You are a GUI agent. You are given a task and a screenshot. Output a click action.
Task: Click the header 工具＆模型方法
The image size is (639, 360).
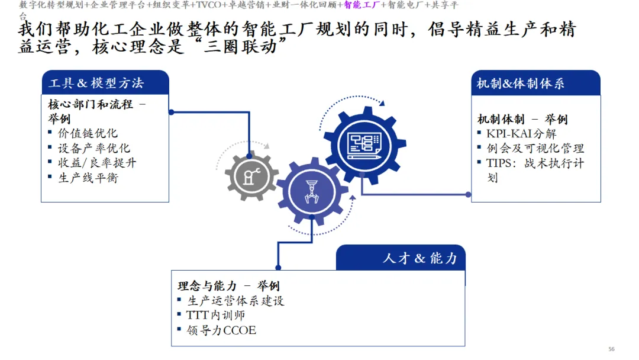tap(96, 83)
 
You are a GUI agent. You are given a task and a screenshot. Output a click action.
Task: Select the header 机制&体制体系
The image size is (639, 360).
tap(521, 83)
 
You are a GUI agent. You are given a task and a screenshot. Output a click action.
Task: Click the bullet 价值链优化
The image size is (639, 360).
tap(87, 133)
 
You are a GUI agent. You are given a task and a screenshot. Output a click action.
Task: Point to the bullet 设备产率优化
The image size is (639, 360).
tap(93, 148)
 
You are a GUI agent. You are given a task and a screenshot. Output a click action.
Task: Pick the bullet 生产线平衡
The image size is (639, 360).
tap(88, 178)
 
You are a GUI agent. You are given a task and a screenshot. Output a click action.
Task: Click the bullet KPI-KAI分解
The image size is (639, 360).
tap(521, 134)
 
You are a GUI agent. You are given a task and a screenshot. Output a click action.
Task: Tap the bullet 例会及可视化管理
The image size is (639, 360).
tap(535, 149)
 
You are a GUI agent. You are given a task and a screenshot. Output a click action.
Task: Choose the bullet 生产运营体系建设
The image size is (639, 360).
tap(235, 301)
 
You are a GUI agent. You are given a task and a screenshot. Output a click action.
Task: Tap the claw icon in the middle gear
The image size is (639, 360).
tap(311, 191)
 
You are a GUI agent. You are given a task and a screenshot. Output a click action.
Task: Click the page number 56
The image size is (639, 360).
tap(612, 349)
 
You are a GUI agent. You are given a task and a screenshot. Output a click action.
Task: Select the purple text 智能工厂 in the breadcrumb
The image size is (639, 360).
tap(362, 5)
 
